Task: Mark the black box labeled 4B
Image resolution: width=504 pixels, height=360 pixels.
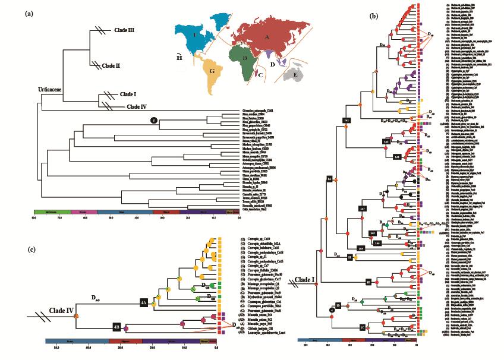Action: (x=116, y=326)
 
